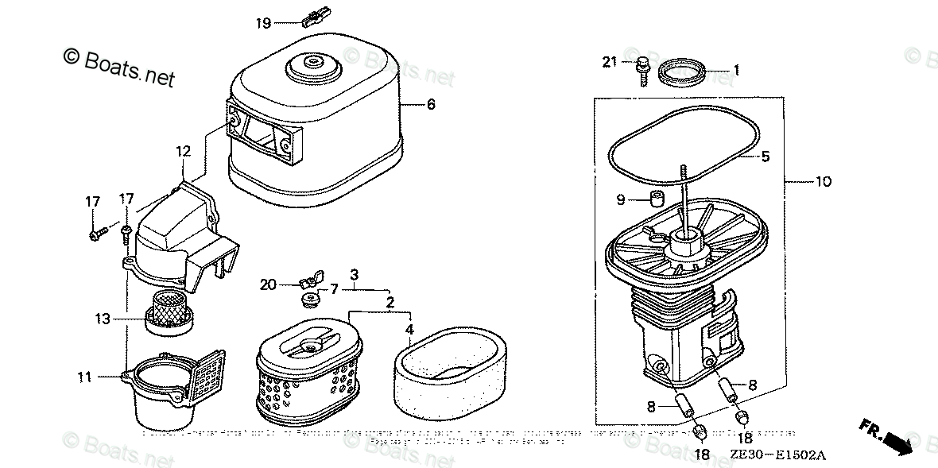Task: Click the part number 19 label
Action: point(264,23)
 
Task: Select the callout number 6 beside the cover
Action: point(431,103)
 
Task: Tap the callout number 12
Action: point(184,151)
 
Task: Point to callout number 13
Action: point(102,319)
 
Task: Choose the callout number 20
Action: point(267,284)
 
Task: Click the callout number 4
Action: point(409,329)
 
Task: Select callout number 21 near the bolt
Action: point(610,63)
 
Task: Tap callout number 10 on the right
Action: point(823,181)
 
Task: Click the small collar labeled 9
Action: point(657,197)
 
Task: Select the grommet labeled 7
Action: point(308,300)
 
